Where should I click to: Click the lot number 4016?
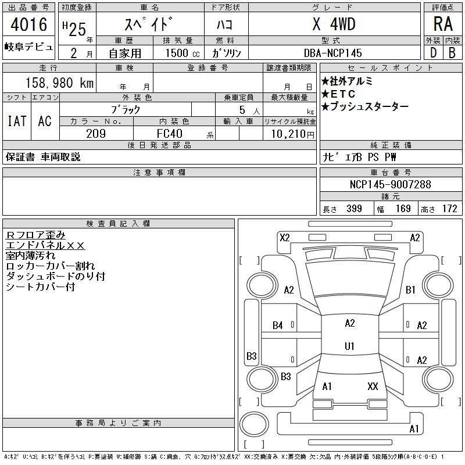coord(28,24)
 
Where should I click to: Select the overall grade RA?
coord(443,24)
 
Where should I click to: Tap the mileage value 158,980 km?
coord(59,83)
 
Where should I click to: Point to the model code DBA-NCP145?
coord(332,53)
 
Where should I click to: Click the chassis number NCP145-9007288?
coord(390,184)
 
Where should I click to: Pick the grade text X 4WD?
coord(334,24)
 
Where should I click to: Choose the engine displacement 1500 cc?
coord(183,53)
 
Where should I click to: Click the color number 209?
coord(96,134)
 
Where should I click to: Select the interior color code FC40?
coord(169,134)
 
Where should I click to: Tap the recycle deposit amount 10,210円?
coord(293,134)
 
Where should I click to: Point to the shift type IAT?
coord(17,121)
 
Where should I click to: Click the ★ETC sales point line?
coord(338,94)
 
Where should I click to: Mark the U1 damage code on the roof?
coord(350,346)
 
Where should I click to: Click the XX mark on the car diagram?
coord(373,386)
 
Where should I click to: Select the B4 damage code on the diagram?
coord(278,325)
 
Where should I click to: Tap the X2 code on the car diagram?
coord(285,238)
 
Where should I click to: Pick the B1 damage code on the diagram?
coord(410,289)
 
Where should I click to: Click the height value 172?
coord(449,209)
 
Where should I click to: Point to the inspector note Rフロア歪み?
coord(35,235)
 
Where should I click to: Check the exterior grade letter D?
coord(433,53)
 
